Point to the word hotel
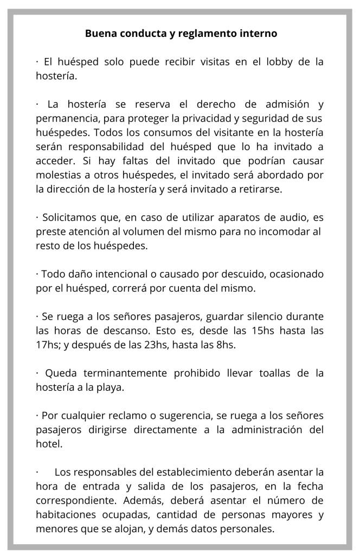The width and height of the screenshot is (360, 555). pyautogui.click(x=48, y=443)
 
